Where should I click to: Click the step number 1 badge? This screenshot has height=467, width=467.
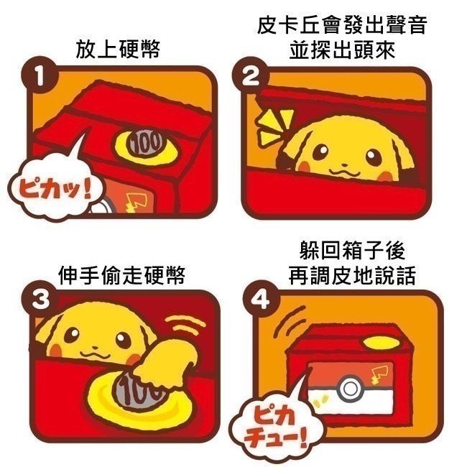(39, 75)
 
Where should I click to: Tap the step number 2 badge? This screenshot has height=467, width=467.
(249, 76)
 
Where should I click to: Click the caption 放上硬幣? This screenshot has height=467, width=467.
(117, 49)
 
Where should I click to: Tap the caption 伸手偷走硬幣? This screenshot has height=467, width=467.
(121, 275)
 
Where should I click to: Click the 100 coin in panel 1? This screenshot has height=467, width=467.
(146, 143)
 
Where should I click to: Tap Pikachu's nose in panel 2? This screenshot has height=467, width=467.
(344, 165)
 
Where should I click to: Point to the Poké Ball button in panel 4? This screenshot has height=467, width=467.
(351, 389)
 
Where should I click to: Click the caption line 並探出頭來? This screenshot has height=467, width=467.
(342, 49)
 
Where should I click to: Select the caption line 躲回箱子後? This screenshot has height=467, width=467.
(352, 251)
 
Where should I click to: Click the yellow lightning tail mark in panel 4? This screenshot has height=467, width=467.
(379, 374)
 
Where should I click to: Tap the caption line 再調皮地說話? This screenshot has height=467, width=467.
(352, 275)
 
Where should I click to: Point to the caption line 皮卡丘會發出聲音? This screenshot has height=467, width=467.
(342, 24)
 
